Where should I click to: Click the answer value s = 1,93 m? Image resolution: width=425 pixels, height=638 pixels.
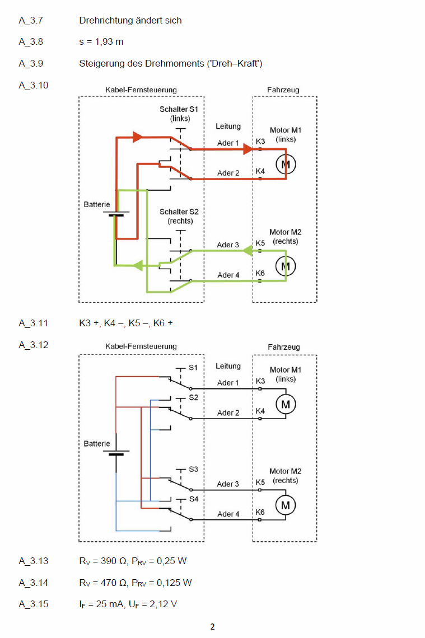tap(101, 42)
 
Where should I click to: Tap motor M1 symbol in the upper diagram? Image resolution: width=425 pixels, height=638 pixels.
tap(286, 163)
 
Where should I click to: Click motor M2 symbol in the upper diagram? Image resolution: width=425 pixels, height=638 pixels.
tap(286, 265)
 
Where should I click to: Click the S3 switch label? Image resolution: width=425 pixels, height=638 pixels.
tap(193, 469)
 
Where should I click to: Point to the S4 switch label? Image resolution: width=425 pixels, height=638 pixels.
tap(193, 499)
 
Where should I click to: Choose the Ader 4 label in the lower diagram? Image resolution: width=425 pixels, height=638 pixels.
tap(228, 514)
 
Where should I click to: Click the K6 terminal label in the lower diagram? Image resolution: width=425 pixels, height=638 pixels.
tap(260, 512)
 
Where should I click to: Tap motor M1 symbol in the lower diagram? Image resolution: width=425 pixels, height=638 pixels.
tap(286, 404)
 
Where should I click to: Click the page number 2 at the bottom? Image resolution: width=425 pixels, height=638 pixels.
tap(212, 627)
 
